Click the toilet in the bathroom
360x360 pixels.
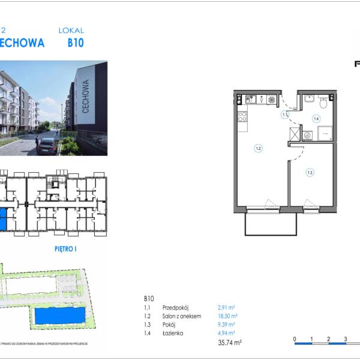tap(323, 102)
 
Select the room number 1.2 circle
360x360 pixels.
tap(258, 148)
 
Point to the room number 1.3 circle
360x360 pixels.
tap(310, 173)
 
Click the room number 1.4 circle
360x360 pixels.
tap(316, 119)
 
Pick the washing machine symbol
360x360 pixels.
tap(307, 135)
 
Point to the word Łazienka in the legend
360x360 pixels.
tap(173, 333)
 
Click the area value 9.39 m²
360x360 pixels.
tap(226, 324)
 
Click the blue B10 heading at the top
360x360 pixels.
tap(75, 43)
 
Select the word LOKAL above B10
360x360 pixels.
tap(71, 30)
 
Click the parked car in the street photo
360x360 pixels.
tap(47, 146)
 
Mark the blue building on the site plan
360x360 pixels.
tap(61, 316)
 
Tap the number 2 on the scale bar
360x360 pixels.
tap(329, 339)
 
